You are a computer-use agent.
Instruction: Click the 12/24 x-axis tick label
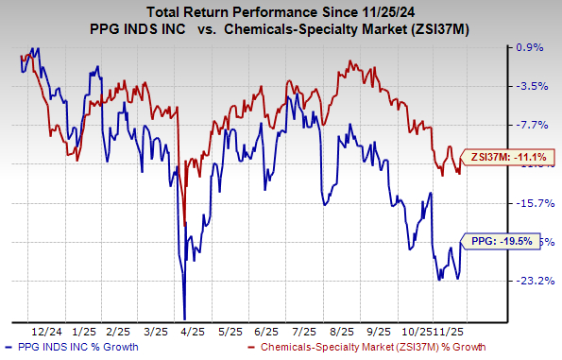(47, 333)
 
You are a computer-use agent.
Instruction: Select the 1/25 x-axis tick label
(84, 333)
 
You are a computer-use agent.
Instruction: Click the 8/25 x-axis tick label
(339, 333)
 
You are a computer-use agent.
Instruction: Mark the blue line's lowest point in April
(184, 319)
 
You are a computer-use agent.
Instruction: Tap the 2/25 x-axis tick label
(120, 333)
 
